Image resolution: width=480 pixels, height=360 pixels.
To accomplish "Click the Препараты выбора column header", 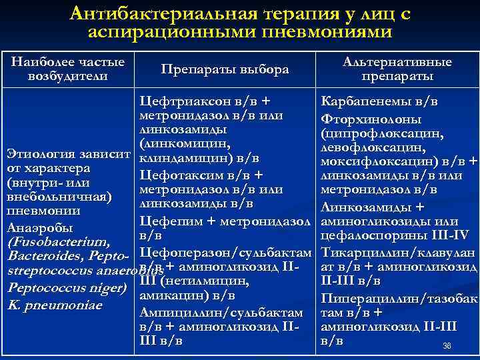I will pyautogui.click(x=225, y=70).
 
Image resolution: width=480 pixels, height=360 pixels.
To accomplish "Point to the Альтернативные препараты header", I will pyautogui.click(x=396, y=69).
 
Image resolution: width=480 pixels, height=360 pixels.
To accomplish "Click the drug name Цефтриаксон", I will pyautogui.click(x=181, y=102).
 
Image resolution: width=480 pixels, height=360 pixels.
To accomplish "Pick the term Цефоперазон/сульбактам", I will pyautogui.click(x=225, y=253).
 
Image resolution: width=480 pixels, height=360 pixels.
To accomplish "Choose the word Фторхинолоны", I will pyautogui.click(x=370, y=119).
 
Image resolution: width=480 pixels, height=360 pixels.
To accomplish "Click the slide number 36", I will pyautogui.click(x=447, y=346).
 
